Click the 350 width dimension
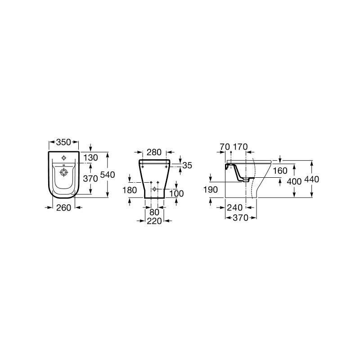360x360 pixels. (63, 142)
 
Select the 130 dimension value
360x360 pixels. (90, 158)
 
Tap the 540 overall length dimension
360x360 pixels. (108, 175)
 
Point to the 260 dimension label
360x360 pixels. (63, 207)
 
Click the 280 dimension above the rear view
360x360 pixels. (154, 152)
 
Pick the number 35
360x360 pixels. (187, 165)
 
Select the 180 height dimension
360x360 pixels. (130, 190)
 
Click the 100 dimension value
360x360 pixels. (176, 193)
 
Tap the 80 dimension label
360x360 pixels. (154, 212)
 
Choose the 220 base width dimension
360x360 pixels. (154, 221)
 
